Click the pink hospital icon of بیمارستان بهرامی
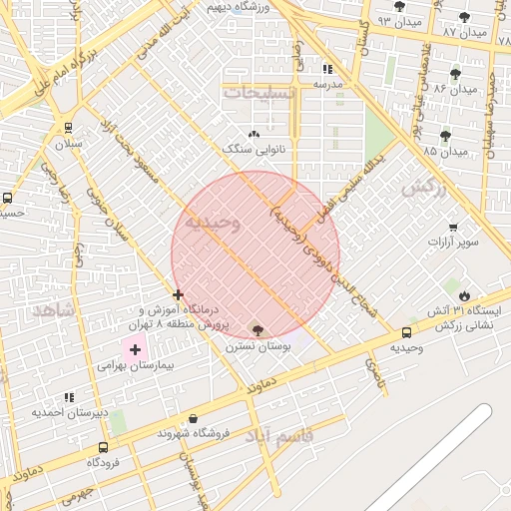pyautogui.click(x=136, y=349)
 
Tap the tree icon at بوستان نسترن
pyautogui.click(x=258, y=330)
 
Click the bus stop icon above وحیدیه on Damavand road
pyautogui.click(x=406, y=332)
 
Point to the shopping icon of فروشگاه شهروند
pyautogui.click(x=193, y=419)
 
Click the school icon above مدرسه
pyautogui.click(x=327, y=69)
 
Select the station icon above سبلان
pyautogui.click(x=68, y=128)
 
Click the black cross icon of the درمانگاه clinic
pyautogui.click(x=178, y=294)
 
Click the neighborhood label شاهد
pyautogui.click(x=53, y=310)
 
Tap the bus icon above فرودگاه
pyautogui.click(x=99, y=447)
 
